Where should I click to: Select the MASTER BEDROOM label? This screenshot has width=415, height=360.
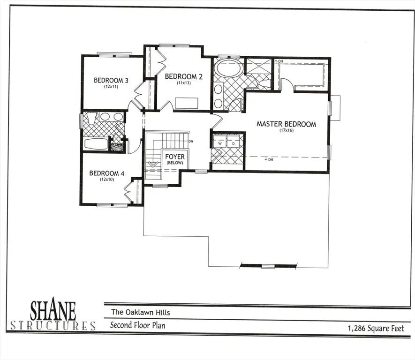coord(286,124)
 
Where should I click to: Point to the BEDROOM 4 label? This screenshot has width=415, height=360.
coord(106,173)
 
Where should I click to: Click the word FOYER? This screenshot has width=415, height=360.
coord(174,157)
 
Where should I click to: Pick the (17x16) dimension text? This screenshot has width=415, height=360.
coord(286,131)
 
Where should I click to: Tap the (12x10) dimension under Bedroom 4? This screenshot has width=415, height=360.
coord(106,179)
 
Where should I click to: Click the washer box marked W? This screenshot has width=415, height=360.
coord(219,143)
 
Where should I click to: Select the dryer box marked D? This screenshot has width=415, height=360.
coord(233,143)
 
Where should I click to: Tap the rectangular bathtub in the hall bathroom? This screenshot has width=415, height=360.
coord(97,143)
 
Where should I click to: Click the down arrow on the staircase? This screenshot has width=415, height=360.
coord(151,165)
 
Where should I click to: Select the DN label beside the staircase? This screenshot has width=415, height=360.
coord(191,141)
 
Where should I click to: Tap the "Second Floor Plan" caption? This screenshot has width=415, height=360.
coord(137,325)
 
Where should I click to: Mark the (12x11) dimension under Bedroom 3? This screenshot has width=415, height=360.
coord(111,86)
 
